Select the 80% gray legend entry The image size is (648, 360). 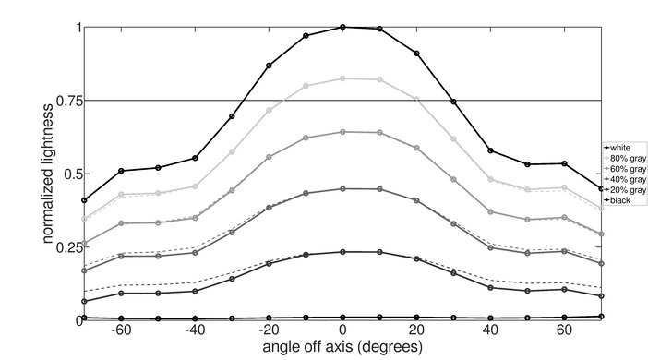coord(622,158)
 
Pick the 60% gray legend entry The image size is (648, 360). coord(622,169)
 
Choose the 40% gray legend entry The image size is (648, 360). coord(622,179)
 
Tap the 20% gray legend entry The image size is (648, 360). coord(622,189)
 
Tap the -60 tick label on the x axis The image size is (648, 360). coord(119,330)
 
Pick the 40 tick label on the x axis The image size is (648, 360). coord(490,330)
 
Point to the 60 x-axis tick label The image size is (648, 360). coord(564,330)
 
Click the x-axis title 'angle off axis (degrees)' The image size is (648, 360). coord(342,347)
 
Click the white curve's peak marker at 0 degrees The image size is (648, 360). coord(342,27)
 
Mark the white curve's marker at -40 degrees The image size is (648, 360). coord(195,158)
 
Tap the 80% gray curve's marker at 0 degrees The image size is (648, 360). coord(342,78)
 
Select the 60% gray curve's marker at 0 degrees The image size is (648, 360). coord(342,132)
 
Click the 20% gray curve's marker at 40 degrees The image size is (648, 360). coord(490,288)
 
